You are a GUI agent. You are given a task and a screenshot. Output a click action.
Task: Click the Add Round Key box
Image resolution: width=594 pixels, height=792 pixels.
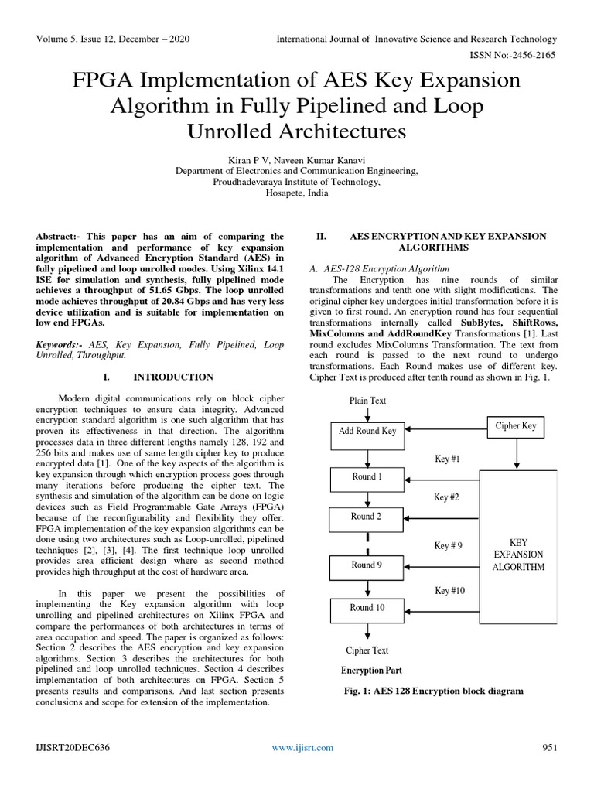[x=367, y=431]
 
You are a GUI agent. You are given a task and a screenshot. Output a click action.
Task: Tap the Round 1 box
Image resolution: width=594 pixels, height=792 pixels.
[x=367, y=478]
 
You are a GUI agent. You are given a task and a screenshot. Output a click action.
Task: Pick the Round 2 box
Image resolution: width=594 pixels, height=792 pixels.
[x=367, y=517]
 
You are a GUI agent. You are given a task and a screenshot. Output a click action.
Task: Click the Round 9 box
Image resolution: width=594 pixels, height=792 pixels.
[x=367, y=566]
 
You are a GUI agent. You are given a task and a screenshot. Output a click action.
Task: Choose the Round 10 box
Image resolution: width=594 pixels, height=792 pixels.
[x=367, y=609]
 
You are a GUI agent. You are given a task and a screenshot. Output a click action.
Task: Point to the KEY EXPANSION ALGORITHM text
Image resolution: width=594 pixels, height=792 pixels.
[x=518, y=555]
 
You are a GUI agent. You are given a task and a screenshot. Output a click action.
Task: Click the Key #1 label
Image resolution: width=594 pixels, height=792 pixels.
[x=447, y=459]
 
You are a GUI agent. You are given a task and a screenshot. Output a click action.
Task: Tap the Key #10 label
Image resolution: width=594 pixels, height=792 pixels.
[x=449, y=591]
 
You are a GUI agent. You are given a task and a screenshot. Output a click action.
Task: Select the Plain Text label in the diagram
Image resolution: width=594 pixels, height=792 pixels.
[x=367, y=401]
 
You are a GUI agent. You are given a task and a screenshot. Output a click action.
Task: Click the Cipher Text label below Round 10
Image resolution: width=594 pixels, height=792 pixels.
[x=367, y=650]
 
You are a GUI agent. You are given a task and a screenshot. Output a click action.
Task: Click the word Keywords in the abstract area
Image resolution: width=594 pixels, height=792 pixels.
[x=61, y=343]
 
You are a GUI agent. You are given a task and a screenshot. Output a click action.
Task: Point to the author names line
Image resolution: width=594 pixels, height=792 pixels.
[x=296, y=159]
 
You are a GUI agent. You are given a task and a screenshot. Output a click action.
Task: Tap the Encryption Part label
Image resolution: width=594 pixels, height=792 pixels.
[x=371, y=670]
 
